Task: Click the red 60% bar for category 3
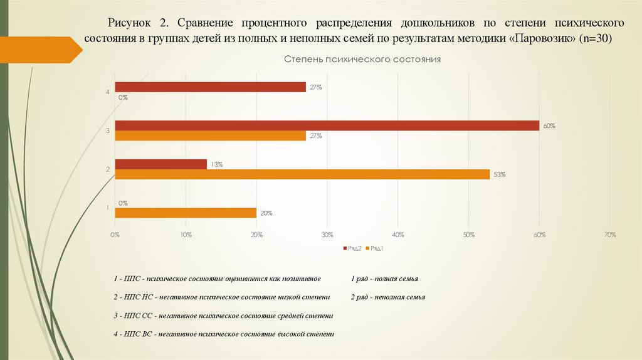tap(327, 125)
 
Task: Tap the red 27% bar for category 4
tap(210, 87)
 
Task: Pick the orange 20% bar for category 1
tap(186, 213)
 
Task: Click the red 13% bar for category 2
tap(160, 164)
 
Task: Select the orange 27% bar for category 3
tap(210, 135)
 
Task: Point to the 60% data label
tap(549, 126)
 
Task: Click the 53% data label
tap(500, 175)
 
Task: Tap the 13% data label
tap(217, 164)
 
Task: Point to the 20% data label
tap(266, 213)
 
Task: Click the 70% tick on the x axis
tap(610, 235)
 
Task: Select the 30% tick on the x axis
tap(327, 235)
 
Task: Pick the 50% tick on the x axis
tap(468, 235)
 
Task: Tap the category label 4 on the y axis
tap(108, 93)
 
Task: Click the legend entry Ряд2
tap(352, 248)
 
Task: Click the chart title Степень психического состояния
tap(362, 59)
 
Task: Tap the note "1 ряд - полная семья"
tap(384, 278)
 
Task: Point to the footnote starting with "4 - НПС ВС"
tap(224, 334)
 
